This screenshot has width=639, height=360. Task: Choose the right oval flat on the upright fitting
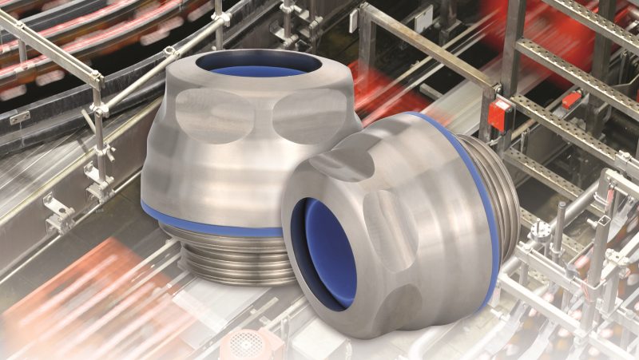(312, 116)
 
